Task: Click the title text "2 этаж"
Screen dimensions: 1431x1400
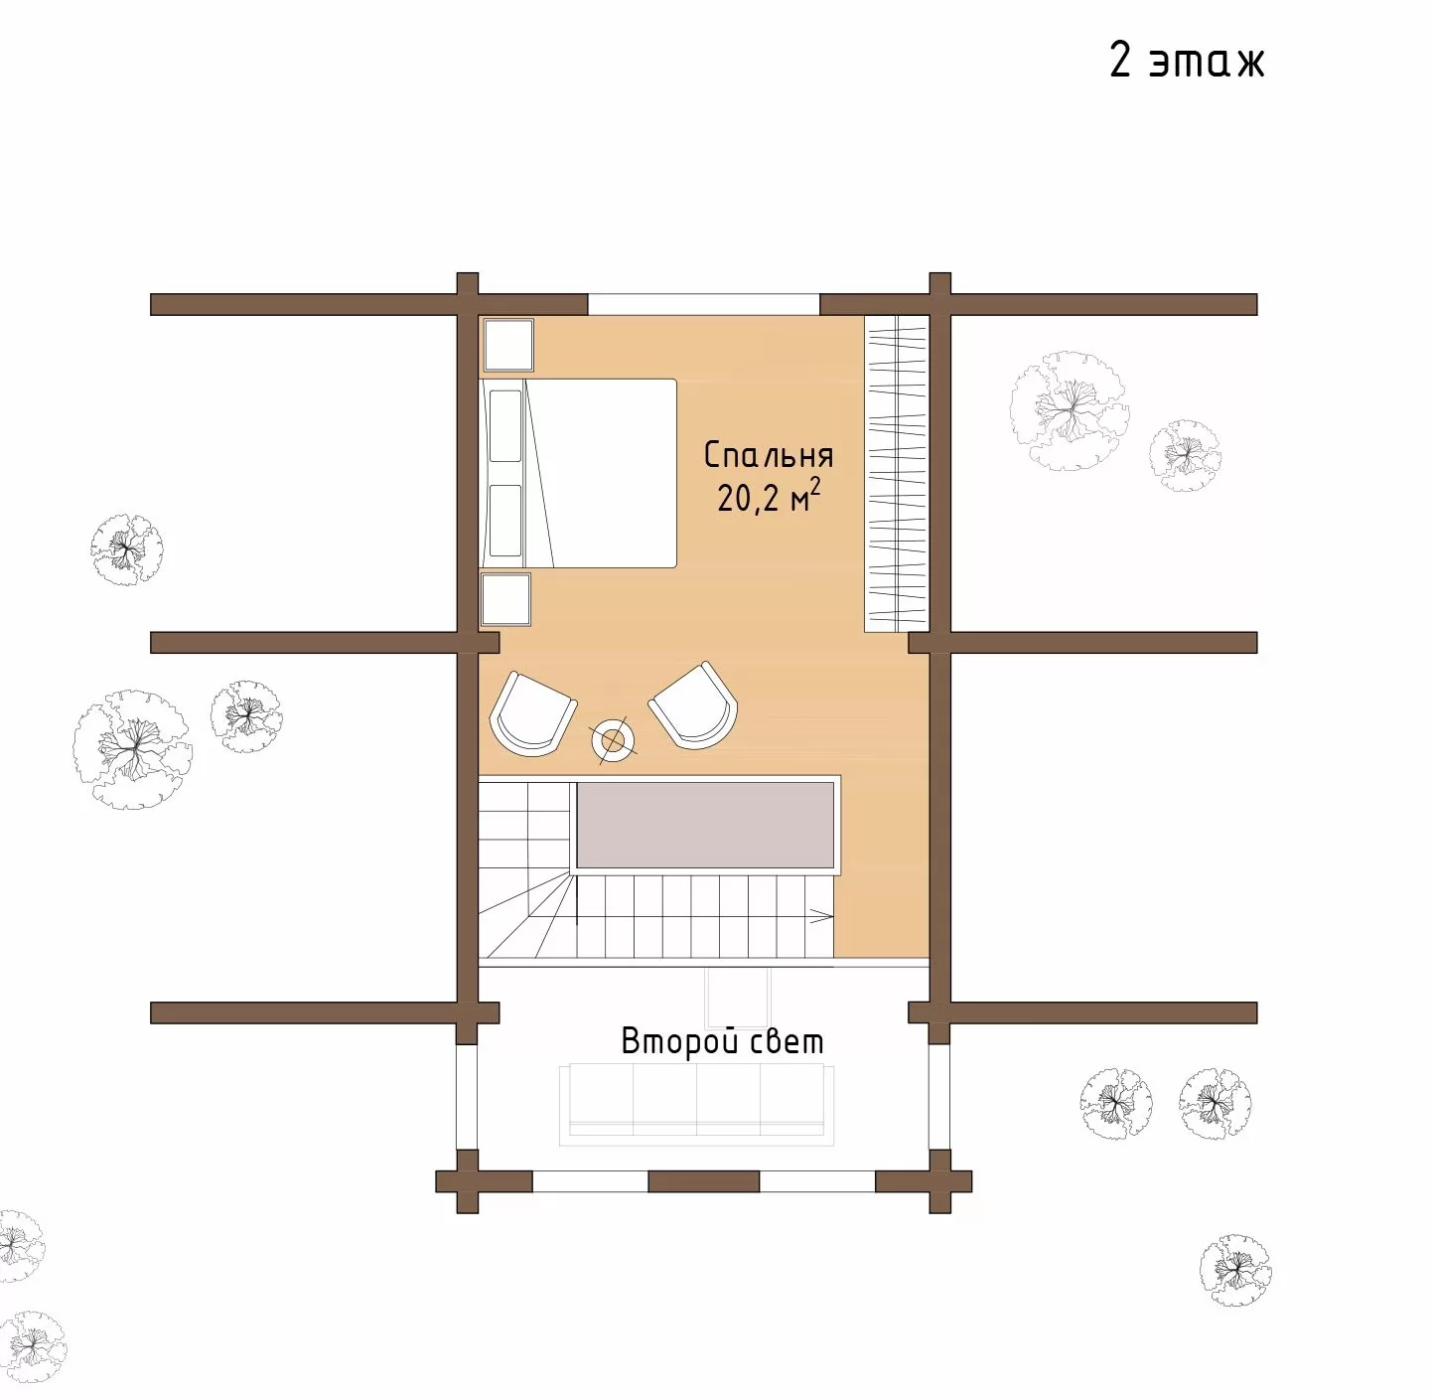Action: click(1186, 60)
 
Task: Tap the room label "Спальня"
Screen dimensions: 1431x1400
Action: click(769, 456)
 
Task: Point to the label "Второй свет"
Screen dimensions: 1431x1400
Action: click(722, 1041)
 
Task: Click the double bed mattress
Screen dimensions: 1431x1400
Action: click(601, 473)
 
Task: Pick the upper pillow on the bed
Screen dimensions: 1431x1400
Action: click(505, 425)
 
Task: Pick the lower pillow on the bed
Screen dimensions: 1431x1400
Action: click(505, 520)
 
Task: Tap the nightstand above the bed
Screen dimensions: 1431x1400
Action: click(508, 345)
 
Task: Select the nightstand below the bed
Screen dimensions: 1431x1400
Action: click(505, 599)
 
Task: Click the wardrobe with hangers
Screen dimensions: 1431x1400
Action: click(897, 473)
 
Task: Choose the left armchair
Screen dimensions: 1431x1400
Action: click(532, 713)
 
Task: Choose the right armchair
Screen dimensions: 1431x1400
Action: click(693, 705)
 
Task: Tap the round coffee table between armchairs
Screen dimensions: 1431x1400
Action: click(614, 740)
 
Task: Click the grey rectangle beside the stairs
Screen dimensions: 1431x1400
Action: click(705, 825)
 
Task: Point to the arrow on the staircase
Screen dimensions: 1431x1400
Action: click(820, 916)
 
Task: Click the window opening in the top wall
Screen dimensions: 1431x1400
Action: click(704, 305)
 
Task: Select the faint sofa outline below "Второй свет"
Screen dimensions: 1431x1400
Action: click(696, 1105)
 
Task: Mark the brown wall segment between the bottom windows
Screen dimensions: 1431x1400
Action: click(704, 1181)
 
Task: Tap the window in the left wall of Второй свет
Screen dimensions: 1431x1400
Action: click(467, 1096)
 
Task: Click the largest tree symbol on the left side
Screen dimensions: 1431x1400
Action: click(132, 749)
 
